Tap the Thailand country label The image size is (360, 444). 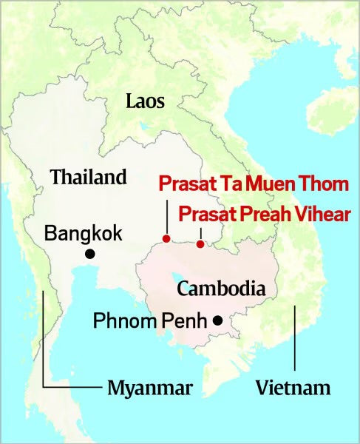pyautogui.click(x=88, y=177)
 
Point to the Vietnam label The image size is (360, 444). pyautogui.click(x=293, y=387)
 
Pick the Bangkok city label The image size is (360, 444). pyautogui.click(x=83, y=232)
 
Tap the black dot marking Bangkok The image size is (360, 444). pyautogui.click(x=90, y=254)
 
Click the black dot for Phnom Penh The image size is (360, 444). pyautogui.click(x=217, y=320)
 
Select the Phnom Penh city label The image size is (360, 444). pyautogui.click(x=149, y=321)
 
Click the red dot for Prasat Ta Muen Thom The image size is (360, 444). pyautogui.click(x=166, y=238)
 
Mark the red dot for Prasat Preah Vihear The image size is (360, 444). pyautogui.click(x=200, y=243)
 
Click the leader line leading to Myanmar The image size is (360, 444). pyautogui.click(x=44, y=348)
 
